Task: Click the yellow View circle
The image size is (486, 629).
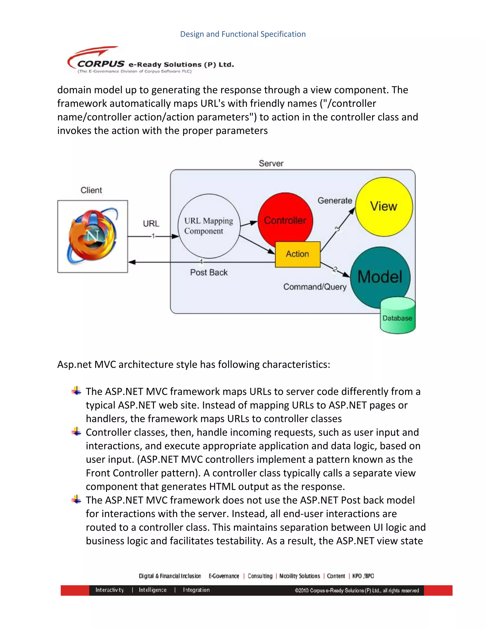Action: click(x=384, y=207)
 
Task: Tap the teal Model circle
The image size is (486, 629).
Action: click(x=379, y=277)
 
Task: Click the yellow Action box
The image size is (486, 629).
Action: click(x=297, y=254)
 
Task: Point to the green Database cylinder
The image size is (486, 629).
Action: click(x=397, y=318)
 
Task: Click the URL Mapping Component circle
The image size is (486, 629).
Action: click(x=209, y=226)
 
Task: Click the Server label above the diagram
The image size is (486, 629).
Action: click(x=271, y=163)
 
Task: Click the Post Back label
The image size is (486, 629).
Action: click(x=209, y=272)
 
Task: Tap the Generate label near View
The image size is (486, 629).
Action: click(x=335, y=201)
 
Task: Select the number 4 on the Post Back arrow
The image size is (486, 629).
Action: click(x=201, y=262)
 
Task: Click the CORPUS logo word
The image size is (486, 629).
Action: click(x=101, y=64)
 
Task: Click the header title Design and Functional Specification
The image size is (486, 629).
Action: click(x=243, y=34)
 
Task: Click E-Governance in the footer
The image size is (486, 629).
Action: click(x=224, y=576)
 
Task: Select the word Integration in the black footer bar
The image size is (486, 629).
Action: click(x=196, y=590)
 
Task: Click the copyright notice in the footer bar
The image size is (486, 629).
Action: click(x=357, y=590)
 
